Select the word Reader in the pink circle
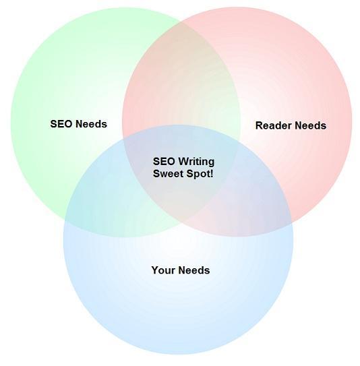click(270, 125)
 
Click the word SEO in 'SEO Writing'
click(162, 162)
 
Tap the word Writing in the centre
click(193, 162)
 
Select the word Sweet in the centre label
click(167, 174)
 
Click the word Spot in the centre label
click(196, 174)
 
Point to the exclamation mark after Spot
click(212, 174)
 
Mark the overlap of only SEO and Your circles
click(102, 206)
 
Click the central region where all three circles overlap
click(181, 182)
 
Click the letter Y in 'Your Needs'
click(154, 270)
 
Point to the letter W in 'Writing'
click(178, 162)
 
